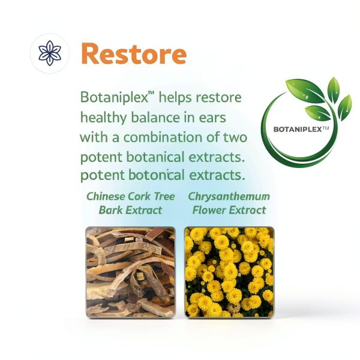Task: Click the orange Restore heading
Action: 134,54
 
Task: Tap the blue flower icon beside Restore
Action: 50,53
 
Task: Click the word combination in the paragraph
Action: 163,137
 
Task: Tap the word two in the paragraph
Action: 235,137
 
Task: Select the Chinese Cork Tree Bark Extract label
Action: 130,203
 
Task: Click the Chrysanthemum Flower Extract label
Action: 229,203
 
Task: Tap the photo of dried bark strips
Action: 130,272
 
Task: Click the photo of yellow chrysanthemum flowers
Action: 229,272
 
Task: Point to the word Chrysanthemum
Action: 229,197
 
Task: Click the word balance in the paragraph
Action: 155,118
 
